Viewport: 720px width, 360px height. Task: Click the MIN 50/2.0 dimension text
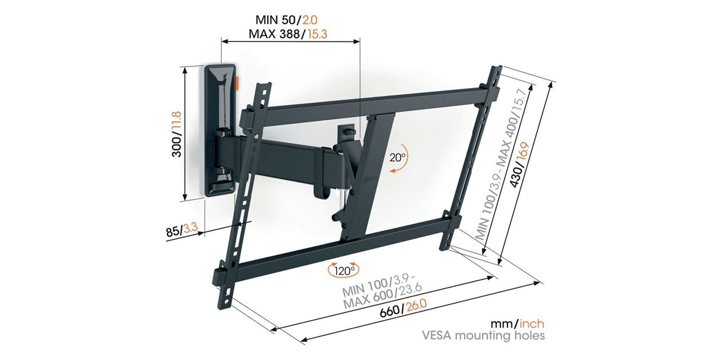[x=286, y=20]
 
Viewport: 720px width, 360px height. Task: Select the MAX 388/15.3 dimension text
[x=288, y=34]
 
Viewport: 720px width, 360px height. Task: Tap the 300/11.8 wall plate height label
[x=176, y=134]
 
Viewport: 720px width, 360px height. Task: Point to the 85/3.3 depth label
[x=182, y=230]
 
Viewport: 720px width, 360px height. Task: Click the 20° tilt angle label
[x=398, y=157]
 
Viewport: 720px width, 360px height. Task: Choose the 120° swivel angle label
[x=344, y=271]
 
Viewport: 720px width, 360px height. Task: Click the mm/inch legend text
[x=517, y=323]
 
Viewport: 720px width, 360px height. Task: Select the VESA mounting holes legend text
[x=483, y=335]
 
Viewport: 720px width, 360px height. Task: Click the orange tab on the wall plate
[x=237, y=83]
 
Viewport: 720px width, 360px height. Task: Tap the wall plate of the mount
[x=221, y=130]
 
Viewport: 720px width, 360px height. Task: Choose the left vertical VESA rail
[x=244, y=196]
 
